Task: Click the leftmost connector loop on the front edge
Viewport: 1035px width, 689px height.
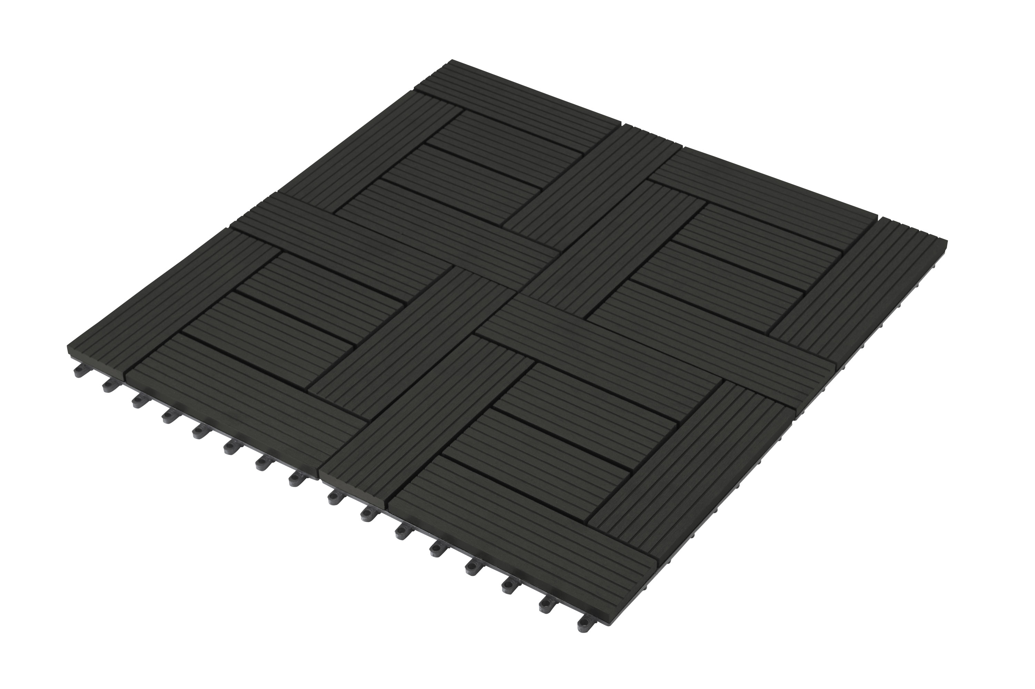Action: tap(79, 371)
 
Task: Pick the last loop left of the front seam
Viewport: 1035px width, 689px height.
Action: tap(296, 480)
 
